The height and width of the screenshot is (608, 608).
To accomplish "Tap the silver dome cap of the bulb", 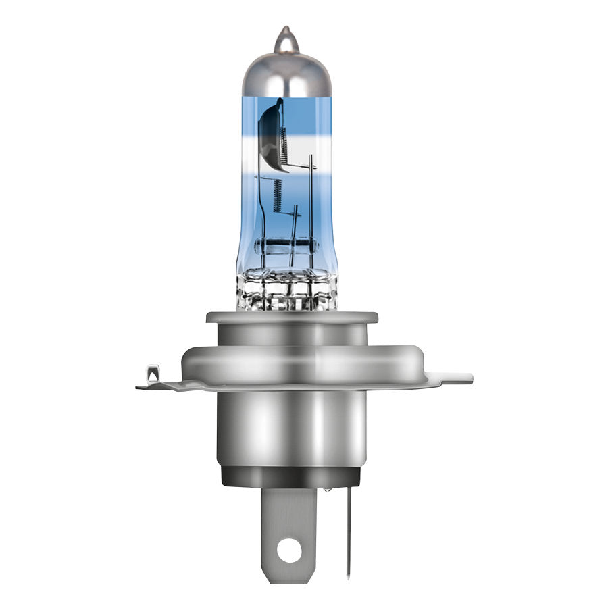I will click(286, 74).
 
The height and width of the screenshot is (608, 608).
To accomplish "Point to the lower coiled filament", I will click(277, 194).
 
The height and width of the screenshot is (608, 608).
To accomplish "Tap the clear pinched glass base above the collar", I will click(288, 288).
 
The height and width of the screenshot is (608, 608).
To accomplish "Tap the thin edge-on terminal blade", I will click(349, 534).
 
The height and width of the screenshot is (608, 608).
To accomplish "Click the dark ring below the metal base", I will click(290, 476).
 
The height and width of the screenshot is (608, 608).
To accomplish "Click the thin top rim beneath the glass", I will click(291, 317).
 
